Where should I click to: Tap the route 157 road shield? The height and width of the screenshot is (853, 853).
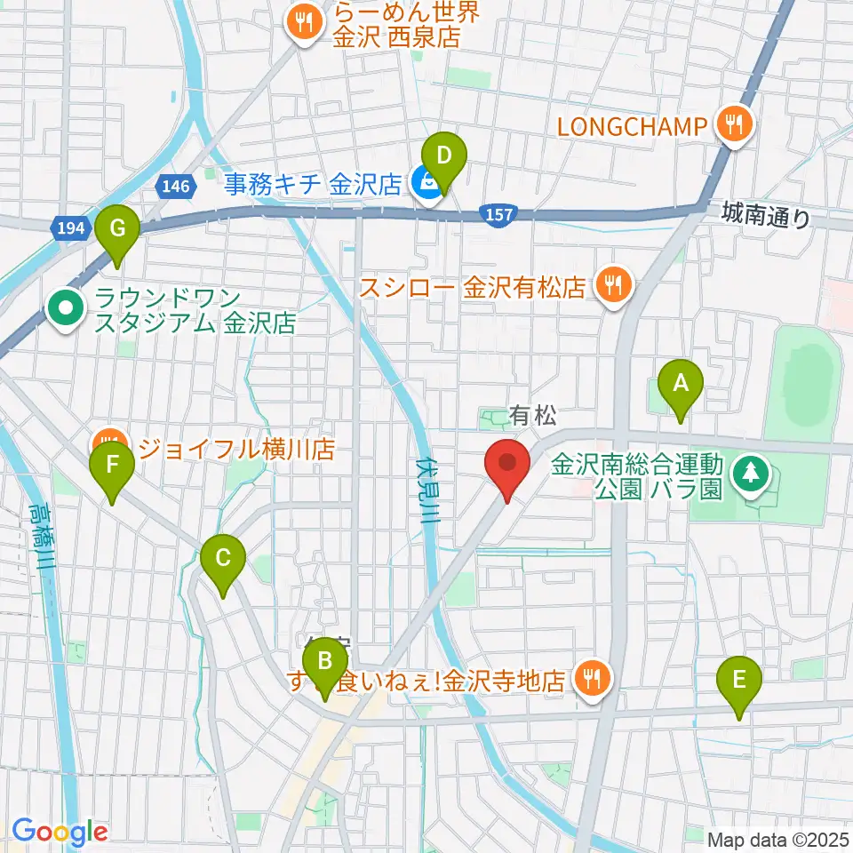click(x=499, y=213)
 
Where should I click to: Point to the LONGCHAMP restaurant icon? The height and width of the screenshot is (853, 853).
click(x=734, y=125)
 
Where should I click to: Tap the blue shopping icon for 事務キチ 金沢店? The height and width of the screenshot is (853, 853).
click(x=426, y=185)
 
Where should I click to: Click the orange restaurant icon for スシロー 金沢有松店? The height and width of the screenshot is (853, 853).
click(x=611, y=286)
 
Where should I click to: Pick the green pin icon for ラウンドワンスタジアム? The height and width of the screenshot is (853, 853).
click(x=66, y=311)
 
